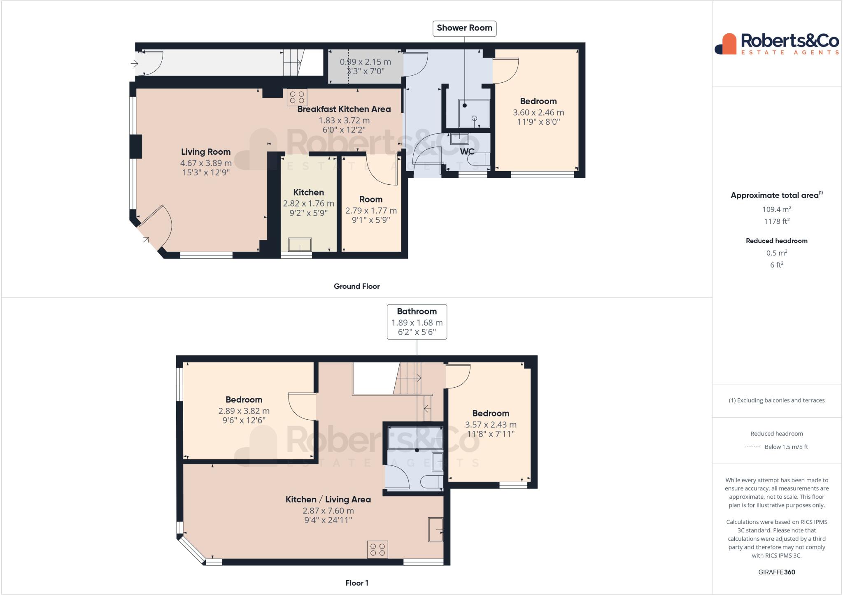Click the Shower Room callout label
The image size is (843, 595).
coord(464,28)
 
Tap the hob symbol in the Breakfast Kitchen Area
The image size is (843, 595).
coord(297,97)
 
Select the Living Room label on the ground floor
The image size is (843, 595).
coord(206,152)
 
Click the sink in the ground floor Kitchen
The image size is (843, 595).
coord(300,244)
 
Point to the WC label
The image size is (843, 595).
coord(467,151)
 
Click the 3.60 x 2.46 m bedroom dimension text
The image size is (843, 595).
coord(538,112)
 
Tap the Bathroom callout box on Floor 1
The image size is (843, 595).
coord(417,322)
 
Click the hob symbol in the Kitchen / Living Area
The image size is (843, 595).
coord(377,549)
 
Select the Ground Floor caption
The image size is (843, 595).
coord(356,286)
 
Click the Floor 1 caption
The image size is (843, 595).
coord(356,583)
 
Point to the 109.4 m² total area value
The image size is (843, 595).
coord(776,209)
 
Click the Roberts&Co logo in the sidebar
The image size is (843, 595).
coord(776,44)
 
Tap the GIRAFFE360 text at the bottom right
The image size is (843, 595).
coord(776,572)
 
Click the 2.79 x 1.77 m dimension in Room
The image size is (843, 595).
coord(371,211)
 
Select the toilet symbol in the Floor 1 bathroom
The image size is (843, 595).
coord(432,481)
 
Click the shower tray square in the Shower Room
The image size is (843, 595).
coord(474,113)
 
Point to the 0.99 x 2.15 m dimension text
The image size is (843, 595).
coord(365,62)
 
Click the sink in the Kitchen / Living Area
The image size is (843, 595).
coord(435,530)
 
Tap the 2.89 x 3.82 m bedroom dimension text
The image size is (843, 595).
coord(244,411)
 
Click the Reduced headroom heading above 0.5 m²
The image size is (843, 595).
coord(776,241)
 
